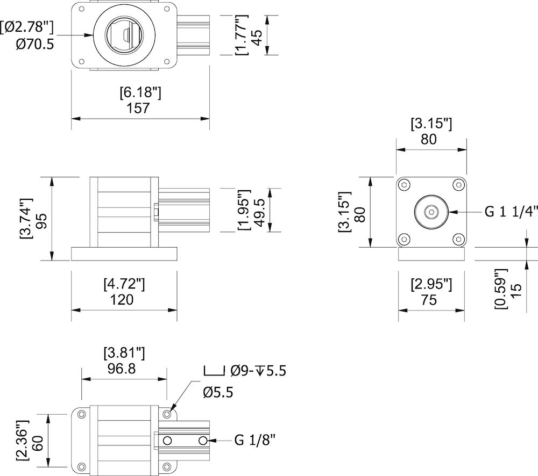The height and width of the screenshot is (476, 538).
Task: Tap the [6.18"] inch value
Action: point(140,93)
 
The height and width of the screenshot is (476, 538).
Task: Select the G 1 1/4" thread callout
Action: point(511,212)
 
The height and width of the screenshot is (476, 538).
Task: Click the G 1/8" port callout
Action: point(255,441)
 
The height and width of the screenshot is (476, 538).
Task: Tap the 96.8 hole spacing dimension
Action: point(123,369)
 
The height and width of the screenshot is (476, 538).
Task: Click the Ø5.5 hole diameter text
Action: point(218,393)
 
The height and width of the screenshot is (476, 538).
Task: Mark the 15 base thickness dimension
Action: point(515,288)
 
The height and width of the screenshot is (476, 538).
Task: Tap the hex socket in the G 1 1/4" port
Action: point(431,212)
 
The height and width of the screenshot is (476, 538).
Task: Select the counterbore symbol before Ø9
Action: point(214,370)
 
